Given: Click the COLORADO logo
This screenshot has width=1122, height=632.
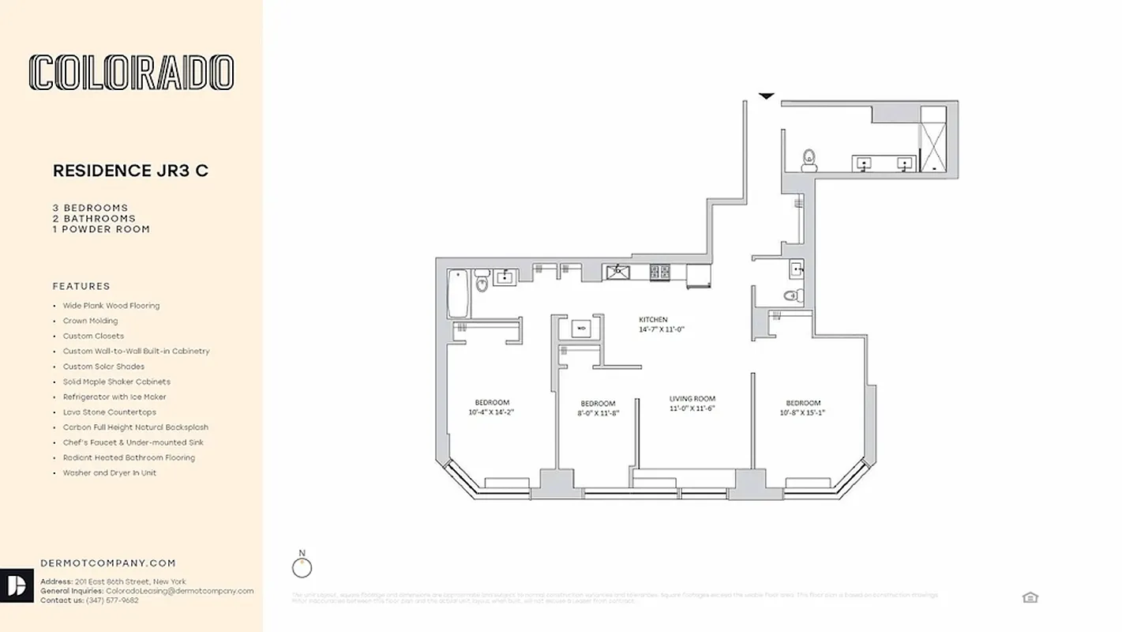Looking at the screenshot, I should click(x=131, y=72).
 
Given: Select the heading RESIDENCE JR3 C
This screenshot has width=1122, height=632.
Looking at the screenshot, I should click(x=130, y=171).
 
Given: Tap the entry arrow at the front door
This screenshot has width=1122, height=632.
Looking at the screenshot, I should click(x=766, y=96).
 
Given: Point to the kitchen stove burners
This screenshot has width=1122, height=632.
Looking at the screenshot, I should click(x=659, y=273).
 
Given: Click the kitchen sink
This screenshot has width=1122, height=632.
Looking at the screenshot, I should click(x=618, y=273).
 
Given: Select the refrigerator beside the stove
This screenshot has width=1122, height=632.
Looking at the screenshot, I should click(x=699, y=276).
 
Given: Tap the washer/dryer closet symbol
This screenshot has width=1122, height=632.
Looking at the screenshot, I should click(x=581, y=327).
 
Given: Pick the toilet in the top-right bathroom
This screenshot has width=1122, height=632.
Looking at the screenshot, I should click(x=809, y=160).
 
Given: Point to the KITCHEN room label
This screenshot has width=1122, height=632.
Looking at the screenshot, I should click(x=653, y=319).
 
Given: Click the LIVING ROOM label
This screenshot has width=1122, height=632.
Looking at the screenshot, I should click(x=692, y=399).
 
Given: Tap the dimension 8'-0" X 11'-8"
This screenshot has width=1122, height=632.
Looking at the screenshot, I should click(x=598, y=412).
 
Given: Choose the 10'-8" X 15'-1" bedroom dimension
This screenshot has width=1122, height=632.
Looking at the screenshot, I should click(x=803, y=412).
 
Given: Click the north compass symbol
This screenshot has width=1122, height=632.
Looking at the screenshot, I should click(x=302, y=567).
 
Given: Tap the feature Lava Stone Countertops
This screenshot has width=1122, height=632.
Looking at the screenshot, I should click(x=110, y=412).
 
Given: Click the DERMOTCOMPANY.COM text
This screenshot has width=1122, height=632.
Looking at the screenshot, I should click(x=108, y=563).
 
